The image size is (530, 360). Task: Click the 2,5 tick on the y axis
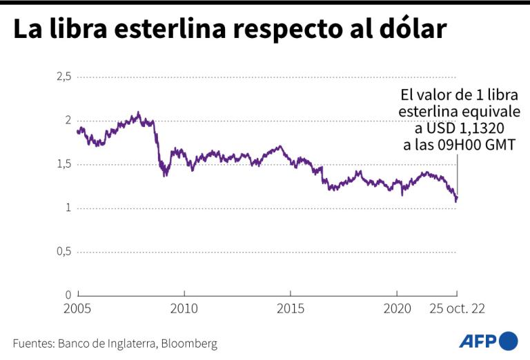(63, 77)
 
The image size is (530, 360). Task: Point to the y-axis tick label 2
(68, 121)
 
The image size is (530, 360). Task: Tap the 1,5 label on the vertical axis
(63, 164)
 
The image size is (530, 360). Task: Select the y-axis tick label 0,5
(63, 252)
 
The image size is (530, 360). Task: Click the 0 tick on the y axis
(68, 295)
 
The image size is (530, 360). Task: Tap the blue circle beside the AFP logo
(509, 341)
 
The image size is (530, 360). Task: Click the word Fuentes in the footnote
(32, 343)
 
